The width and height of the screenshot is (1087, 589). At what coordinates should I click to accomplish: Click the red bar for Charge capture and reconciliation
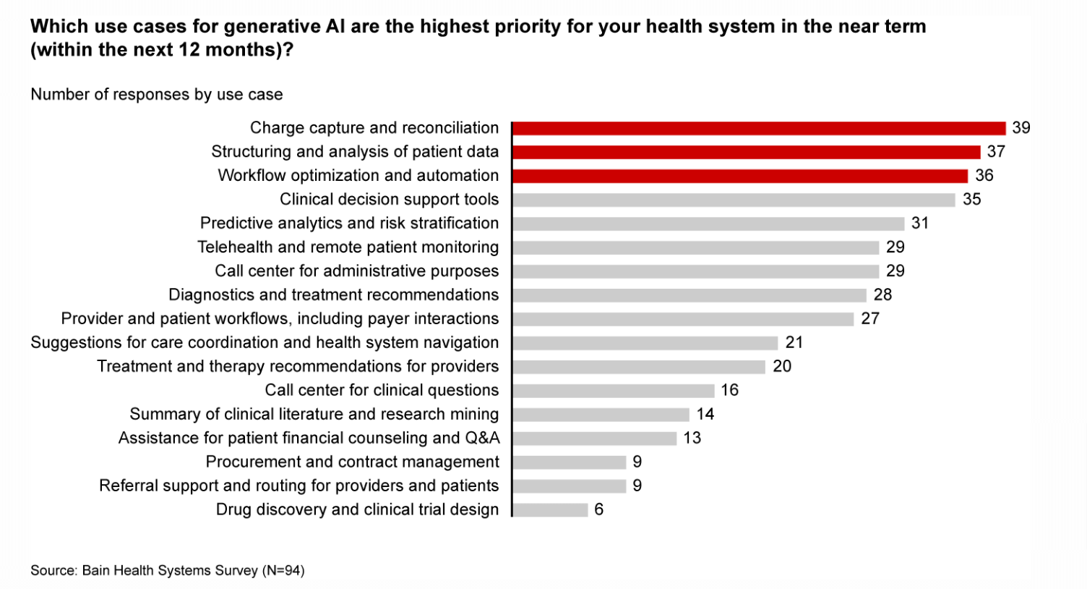click(x=759, y=128)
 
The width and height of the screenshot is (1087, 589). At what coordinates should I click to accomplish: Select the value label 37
click(x=996, y=152)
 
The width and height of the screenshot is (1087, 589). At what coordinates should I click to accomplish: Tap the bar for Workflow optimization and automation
click(x=740, y=176)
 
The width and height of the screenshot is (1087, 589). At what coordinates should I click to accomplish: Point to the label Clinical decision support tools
click(x=389, y=200)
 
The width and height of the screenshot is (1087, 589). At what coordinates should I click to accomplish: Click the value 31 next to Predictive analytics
click(x=919, y=224)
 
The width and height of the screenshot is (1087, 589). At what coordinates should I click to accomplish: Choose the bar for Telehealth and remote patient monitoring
click(x=696, y=247)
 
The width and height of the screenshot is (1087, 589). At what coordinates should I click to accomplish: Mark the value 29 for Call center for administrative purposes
click(x=895, y=271)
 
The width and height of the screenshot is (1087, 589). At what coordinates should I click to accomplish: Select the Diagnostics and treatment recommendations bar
click(x=689, y=295)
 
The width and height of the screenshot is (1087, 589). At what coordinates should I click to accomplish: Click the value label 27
click(x=870, y=319)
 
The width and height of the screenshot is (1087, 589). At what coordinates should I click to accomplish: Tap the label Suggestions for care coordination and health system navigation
click(x=265, y=343)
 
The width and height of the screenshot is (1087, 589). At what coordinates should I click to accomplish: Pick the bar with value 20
click(x=639, y=367)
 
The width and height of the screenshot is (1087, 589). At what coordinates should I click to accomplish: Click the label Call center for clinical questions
click(x=382, y=391)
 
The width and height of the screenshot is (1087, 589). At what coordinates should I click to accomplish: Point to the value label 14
click(x=705, y=415)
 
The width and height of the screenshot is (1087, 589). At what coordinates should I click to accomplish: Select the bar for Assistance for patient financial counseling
click(x=595, y=438)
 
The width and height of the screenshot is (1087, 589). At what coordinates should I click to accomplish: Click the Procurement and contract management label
click(x=352, y=462)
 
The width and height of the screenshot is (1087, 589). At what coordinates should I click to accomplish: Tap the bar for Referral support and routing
click(x=570, y=486)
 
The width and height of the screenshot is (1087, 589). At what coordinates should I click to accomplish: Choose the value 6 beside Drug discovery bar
click(x=598, y=510)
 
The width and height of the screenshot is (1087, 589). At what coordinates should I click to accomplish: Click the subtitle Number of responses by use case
click(x=157, y=95)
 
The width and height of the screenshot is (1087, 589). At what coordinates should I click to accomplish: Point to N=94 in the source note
click(x=284, y=571)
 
